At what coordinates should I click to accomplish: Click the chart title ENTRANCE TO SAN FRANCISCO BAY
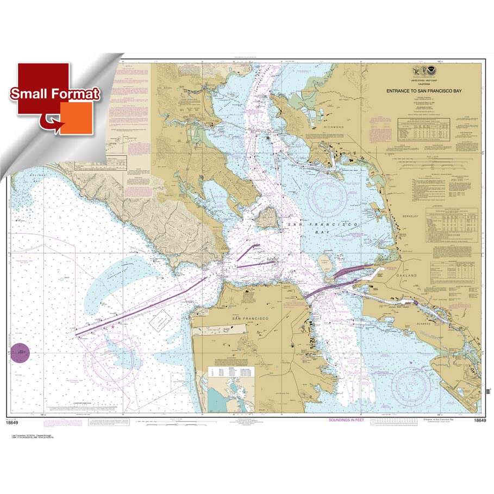pos(424,91)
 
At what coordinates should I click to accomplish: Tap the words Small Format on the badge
pos(55,94)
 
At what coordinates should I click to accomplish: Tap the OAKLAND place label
pos(409,276)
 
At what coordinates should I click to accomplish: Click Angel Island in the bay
pos(267,217)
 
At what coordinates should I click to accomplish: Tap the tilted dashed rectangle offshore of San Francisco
pos(162,322)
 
